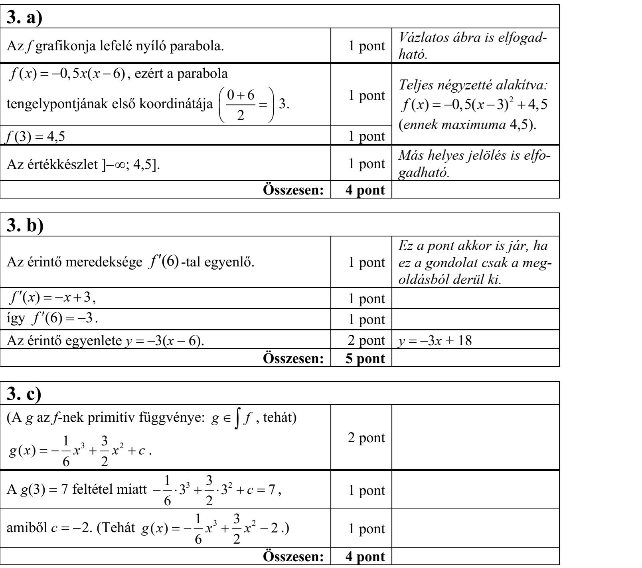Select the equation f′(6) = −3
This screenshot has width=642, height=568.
tap(56, 320)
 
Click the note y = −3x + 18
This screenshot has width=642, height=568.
tap(433, 340)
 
